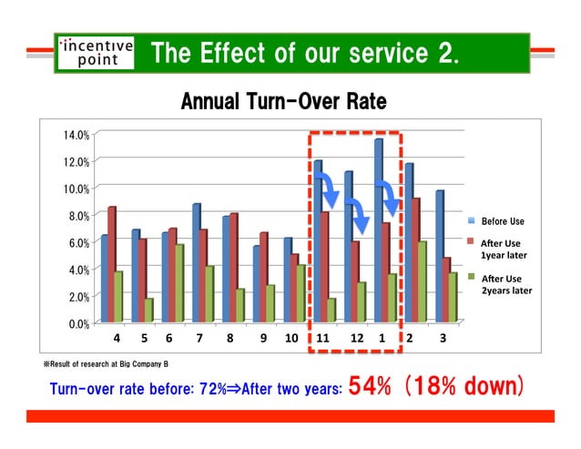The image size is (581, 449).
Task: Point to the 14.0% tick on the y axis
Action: coord(76,135)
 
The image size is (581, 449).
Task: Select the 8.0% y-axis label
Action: coord(76,216)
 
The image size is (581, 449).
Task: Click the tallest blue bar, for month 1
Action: coord(378,228)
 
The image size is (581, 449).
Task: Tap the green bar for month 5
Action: coord(149,310)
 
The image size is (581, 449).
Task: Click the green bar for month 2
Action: coord(422,281)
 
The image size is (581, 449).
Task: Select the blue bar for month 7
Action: coord(197,260)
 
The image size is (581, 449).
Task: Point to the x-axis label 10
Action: coord(291,338)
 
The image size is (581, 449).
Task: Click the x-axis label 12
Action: coord(357,338)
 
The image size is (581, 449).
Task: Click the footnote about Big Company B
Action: coord(106,363)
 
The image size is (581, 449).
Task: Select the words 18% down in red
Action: coord(466,386)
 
